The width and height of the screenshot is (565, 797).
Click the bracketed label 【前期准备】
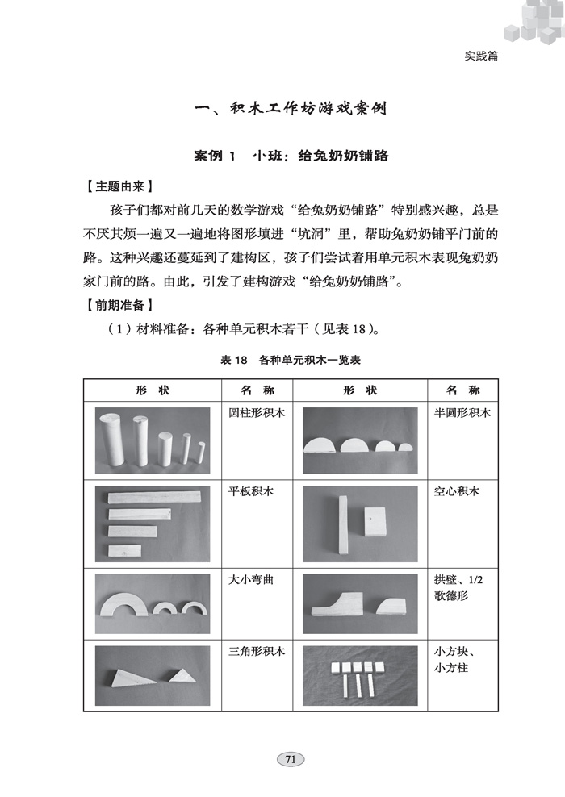120,306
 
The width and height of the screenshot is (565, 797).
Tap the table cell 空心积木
456,490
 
